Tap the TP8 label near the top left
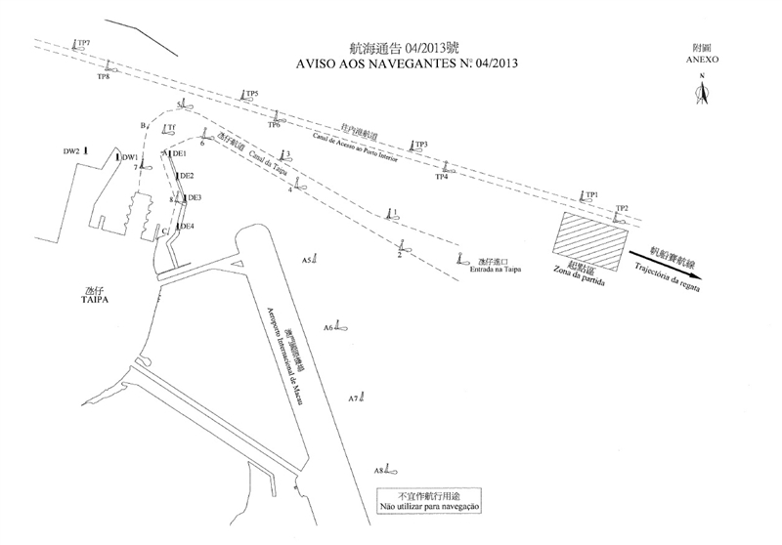pos(103,77)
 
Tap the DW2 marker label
pos(71,151)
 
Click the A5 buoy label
pos(307,261)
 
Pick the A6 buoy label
pos(328,328)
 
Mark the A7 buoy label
pos(353,398)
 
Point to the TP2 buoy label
pos(622,207)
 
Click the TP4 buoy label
pos(441,177)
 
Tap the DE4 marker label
pos(187,227)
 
